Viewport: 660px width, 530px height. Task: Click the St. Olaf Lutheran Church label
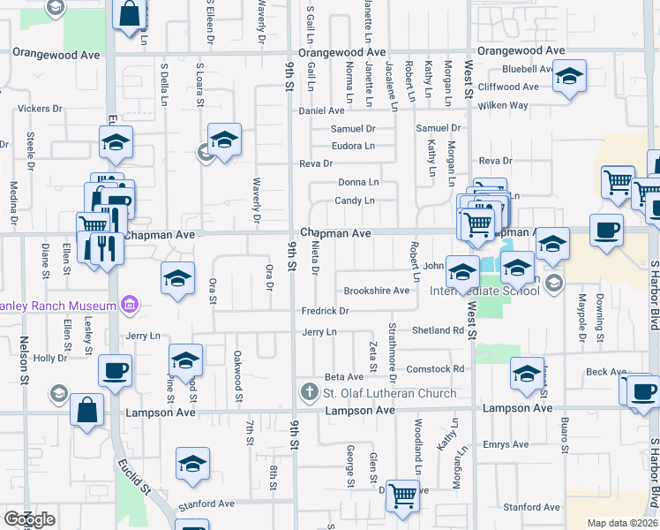point(389,393)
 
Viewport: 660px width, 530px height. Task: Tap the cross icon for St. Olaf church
point(309,392)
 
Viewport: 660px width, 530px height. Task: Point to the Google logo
point(29,519)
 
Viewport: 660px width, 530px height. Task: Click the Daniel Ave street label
point(322,111)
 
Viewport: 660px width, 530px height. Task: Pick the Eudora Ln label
point(353,146)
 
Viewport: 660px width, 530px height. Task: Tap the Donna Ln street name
point(358,182)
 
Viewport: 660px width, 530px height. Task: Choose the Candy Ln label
point(355,201)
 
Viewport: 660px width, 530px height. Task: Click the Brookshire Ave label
point(377,291)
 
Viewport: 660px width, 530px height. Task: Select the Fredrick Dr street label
point(326,311)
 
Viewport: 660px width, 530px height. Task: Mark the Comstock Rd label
point(435,368)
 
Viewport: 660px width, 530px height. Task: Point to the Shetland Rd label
point(439,330)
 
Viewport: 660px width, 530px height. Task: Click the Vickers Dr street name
point(40,109)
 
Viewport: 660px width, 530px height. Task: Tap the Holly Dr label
point(50,359)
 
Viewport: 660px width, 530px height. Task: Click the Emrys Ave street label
point(506,444)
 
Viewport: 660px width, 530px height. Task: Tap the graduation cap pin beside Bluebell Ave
point(570,77)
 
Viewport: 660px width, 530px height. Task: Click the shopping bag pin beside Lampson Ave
point(86,410)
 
